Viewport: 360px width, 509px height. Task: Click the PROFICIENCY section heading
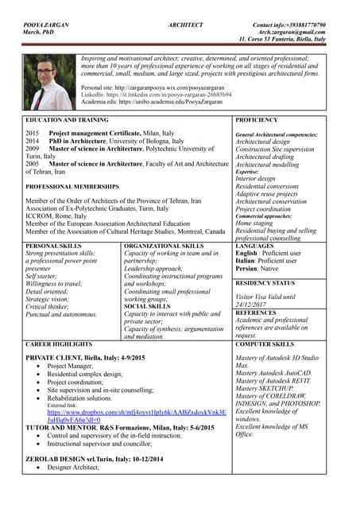click(257, 119)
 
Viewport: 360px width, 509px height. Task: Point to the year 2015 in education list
click(33, 134)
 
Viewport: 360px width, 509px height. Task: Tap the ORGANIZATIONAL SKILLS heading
click(165, 247)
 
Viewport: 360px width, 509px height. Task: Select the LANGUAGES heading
click(255, 247)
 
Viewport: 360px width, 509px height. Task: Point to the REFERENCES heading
click(256, 313)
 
